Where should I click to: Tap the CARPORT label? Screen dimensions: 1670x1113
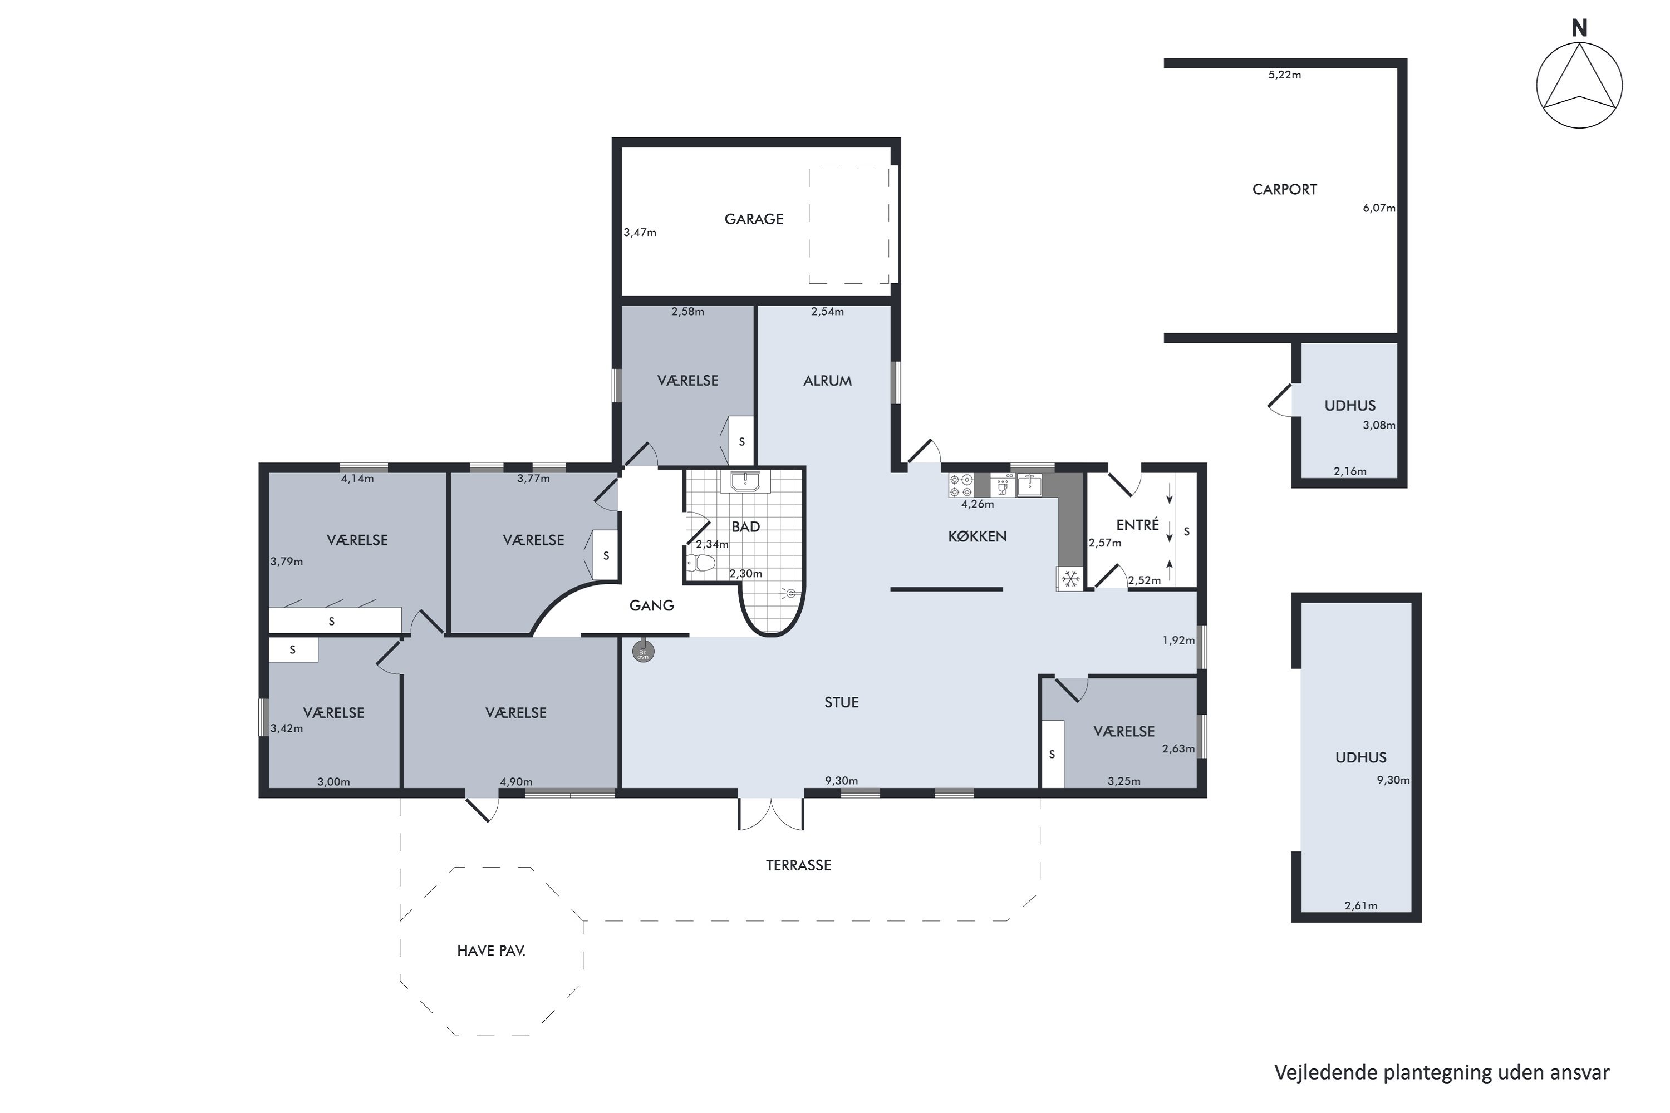1284,190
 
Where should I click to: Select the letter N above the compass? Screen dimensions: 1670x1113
1579,28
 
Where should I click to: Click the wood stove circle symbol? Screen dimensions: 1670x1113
644,652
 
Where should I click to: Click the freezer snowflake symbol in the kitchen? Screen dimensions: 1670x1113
1070,579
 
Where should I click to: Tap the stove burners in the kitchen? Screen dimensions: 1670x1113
961,485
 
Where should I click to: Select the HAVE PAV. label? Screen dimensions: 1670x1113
492,951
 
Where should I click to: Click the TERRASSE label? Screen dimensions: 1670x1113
798,865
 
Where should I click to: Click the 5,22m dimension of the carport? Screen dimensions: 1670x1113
1284,75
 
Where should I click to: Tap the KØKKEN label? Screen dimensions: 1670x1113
977,536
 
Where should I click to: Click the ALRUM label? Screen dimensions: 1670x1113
827,381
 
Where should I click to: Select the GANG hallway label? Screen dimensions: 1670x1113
651,605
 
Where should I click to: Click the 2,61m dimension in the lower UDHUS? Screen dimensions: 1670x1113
1360,906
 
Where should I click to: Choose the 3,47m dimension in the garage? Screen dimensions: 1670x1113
640,232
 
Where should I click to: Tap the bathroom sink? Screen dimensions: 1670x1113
740,481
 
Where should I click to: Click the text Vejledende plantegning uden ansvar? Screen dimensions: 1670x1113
1441,1072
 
